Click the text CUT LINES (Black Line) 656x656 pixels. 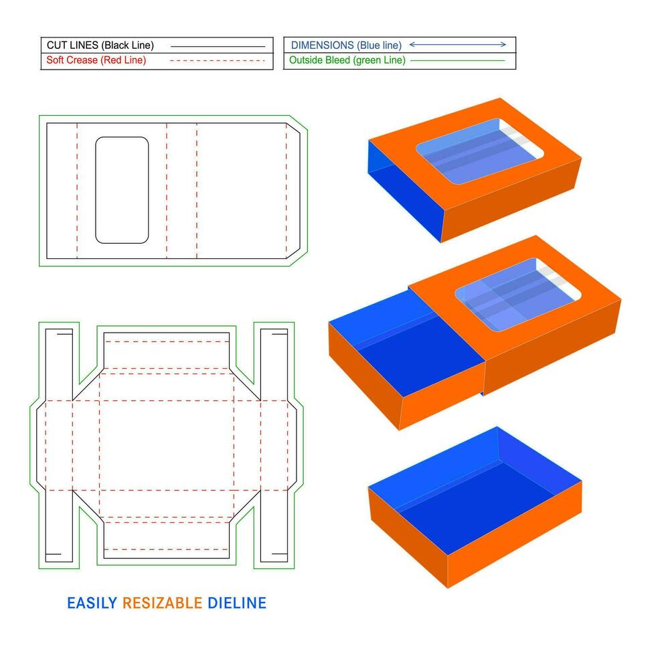(100, 46)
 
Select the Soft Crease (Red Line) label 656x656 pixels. (96, 60)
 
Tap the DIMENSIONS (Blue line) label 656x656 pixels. (346, 46)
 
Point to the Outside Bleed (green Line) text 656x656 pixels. (347, 60)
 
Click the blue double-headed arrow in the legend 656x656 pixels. (458, 44)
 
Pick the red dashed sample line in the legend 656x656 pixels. (218, 61)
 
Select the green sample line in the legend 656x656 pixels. (458, 61)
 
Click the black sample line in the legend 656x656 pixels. (218, 46)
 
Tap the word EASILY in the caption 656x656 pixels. (92, 603)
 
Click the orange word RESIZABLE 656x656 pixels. (162, 603)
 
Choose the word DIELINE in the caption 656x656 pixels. (237, 603)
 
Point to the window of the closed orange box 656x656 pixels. (479, 151)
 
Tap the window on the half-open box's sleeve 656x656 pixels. (518, 294)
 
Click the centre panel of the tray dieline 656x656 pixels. (167, 445)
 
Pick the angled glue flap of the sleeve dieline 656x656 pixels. (293, 191)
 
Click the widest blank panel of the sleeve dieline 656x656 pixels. (242, 191)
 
